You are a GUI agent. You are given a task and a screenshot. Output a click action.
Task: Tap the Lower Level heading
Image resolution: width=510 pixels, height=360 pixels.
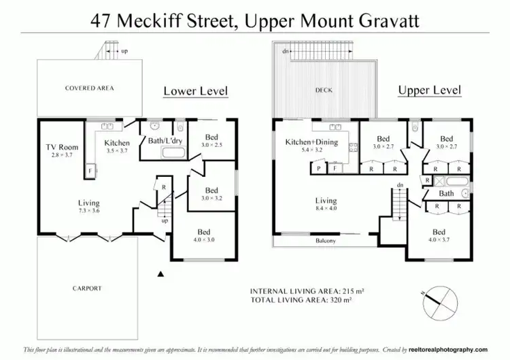pos(195,91)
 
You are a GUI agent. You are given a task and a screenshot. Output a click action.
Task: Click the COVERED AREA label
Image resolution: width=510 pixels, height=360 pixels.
pos(89,88)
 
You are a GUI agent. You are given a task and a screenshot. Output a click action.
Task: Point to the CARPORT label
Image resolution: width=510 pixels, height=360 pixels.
pos(86,289)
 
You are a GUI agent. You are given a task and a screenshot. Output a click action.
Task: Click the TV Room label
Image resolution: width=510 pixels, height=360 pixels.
pos(62,147)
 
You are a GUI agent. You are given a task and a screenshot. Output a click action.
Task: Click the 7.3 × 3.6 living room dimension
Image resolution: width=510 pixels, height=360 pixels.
pos(88,212)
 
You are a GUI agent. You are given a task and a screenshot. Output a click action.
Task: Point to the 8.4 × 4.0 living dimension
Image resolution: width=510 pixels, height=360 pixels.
pos(326,209)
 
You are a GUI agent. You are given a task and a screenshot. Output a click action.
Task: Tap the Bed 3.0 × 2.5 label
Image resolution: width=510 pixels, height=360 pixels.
pos(211,142)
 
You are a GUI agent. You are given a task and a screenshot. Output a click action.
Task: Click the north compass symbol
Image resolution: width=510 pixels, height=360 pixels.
pos(438,300)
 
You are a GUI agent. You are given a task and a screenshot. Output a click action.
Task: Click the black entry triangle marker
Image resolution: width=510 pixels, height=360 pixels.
pos(160,274)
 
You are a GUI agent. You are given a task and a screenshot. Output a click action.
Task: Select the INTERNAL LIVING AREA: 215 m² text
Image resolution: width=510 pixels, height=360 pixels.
pos(307,291)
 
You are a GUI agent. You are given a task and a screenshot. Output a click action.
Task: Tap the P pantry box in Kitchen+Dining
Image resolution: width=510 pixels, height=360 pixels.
pos(318,169)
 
